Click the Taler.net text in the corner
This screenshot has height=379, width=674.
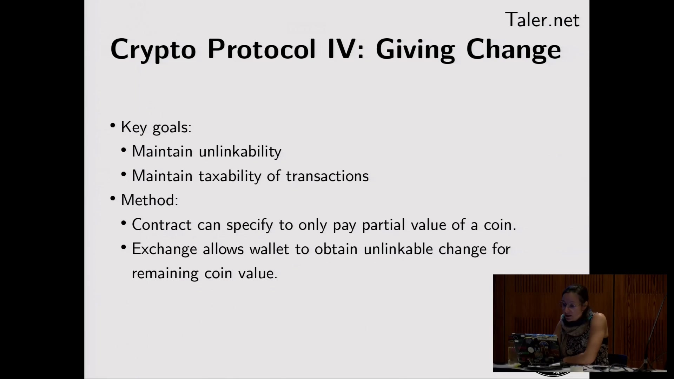tap(542, 20)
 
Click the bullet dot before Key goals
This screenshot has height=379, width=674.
tap(113, 126)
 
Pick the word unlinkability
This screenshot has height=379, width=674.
tap(240, 152)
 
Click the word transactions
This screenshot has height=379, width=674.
tap(327, 176)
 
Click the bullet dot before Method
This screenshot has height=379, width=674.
tap(113, 199)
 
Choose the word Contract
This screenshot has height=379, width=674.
tap(161, 225)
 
